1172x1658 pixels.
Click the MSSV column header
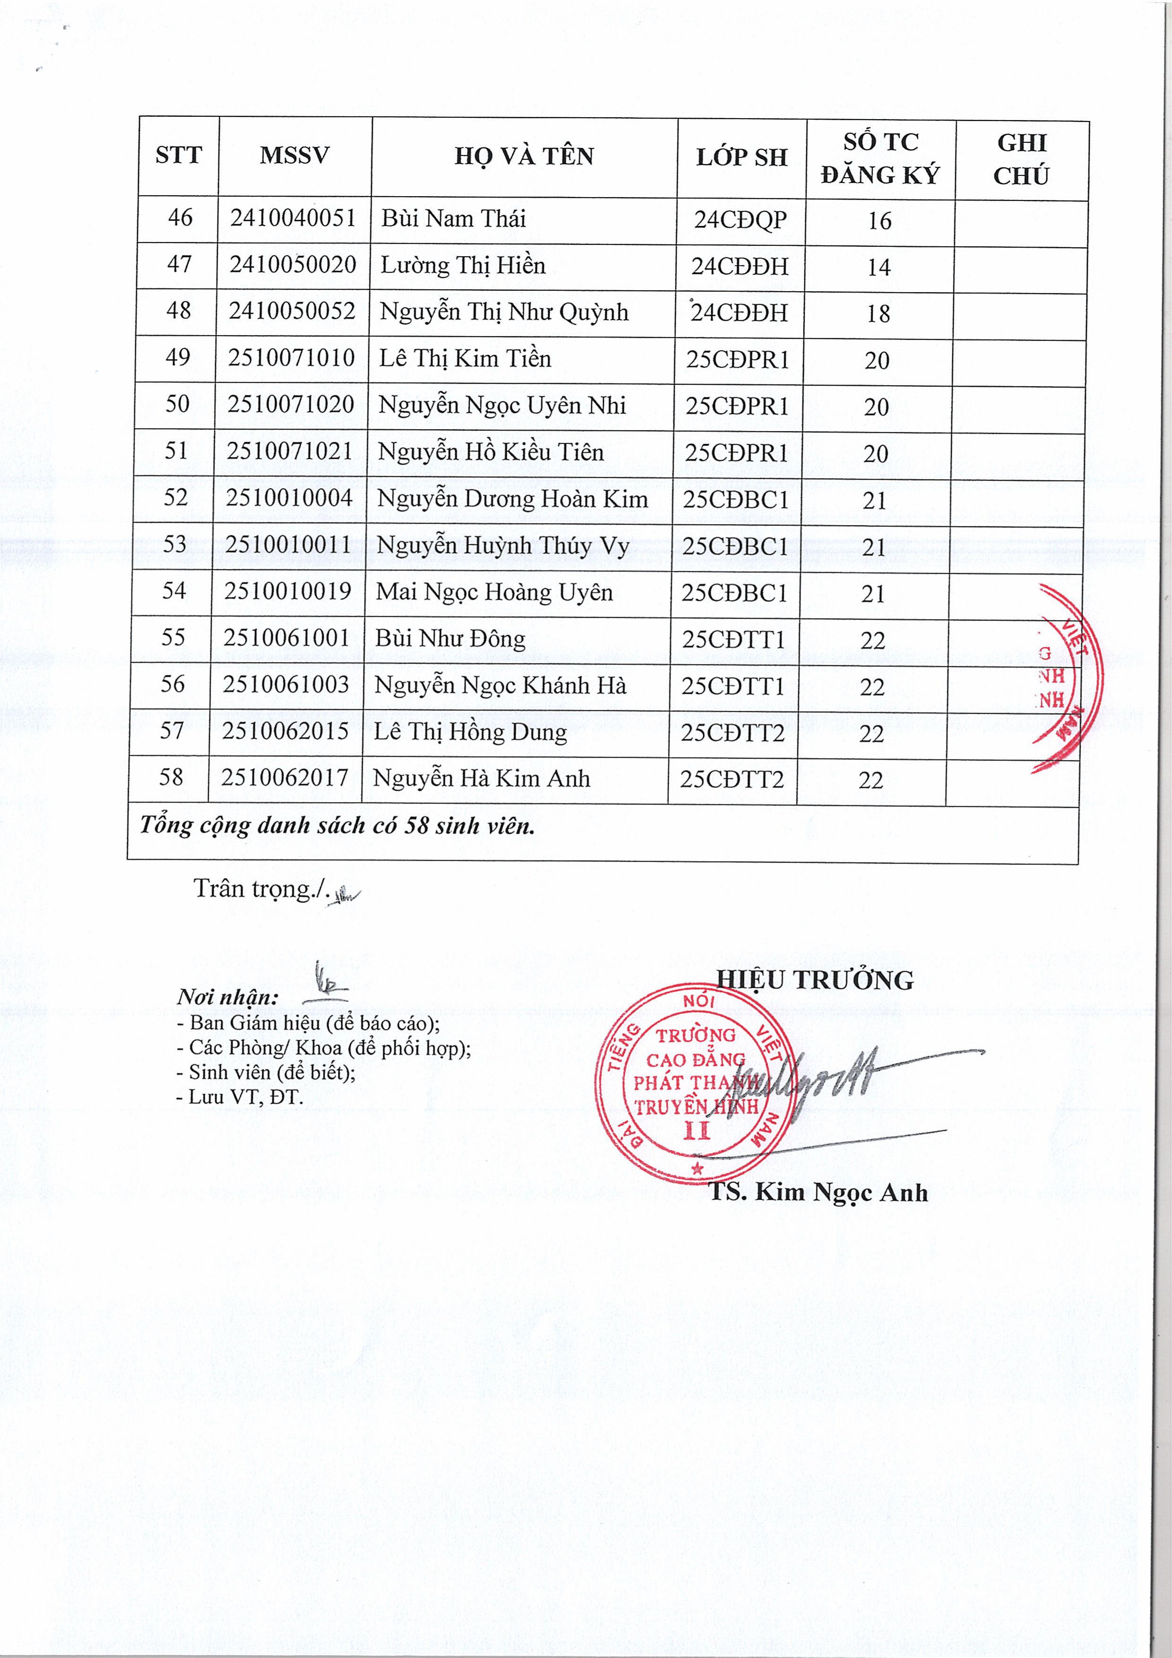tap(294, 155)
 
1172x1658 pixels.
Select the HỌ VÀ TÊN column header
tap(524, 156)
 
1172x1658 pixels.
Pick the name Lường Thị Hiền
tap(463, 265)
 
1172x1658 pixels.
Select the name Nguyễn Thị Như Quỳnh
tap(504, 312)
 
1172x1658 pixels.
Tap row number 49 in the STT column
tap(178, 357)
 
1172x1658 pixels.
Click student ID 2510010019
tap(287, 591)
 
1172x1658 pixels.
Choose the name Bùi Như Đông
tap(450, 639)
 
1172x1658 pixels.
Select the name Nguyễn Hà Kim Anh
tap(481, 778)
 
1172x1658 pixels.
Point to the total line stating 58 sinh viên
tap(337, 825)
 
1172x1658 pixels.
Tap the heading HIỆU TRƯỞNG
tap(815, 980)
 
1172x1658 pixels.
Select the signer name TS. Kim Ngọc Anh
tap(818, 1192)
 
